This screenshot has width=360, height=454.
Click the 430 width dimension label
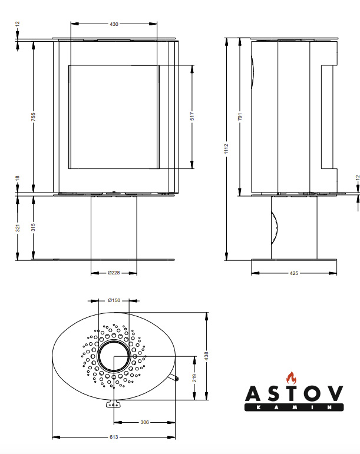pyautogui.click(x=114, y=24)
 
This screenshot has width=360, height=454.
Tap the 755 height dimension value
pyautogui.click(x=34, y=117)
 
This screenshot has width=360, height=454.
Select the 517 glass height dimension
pyautogui.click(x=192, y=117)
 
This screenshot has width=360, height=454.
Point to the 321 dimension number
pyautogui.click(x=18, y=228)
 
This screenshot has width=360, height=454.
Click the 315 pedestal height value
pyautogui.click(x=34, y=227)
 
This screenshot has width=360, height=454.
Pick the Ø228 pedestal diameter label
pyautogui.click(x=114, y=273)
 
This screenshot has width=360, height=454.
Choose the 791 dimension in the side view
pyautogui.click(x=240, y=117)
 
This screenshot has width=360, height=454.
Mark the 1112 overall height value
pyautogui.click(x=226, y=149)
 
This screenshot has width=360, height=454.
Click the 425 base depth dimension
pyautogui.click(x=293, y=273)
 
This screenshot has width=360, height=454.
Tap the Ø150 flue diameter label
pyautogui.click(x=114, y=300)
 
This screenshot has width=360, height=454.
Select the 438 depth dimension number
pyautogui.click(x=206, y=356)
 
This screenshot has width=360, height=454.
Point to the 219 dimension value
pyautogui.click(x=194, y=378)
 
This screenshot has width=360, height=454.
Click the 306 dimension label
pyautogui.click(x=144, y=422)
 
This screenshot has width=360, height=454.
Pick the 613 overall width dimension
pyautogui.click(x=114, y=437)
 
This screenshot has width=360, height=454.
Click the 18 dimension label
pyautogui.click(x=17, y=178)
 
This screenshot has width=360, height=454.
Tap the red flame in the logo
pyautogui.click(x=292, y=378)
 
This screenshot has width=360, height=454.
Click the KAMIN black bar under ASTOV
pyautogui.click(x=294, y=407)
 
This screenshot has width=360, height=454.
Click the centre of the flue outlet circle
pyautogui.click(x=114, y=356)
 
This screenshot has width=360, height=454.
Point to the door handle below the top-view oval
pyautogui.click(x=113, y=404)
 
